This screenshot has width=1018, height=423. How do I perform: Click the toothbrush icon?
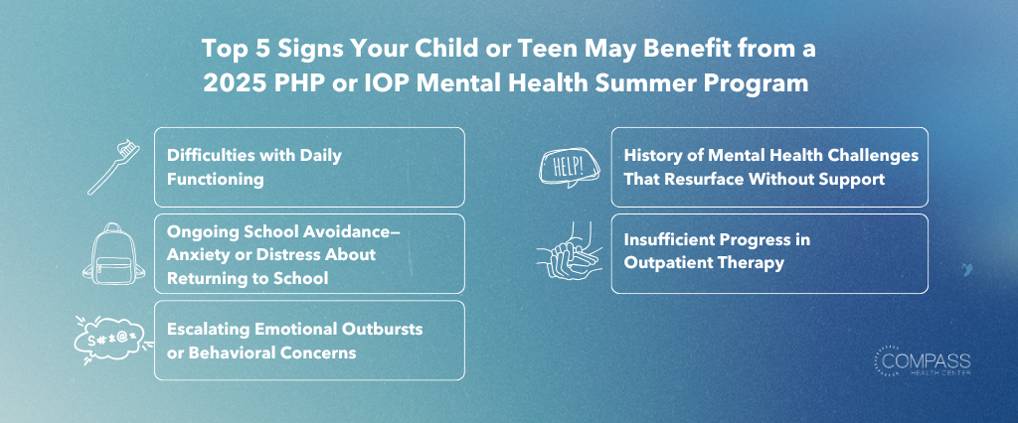pos(114,169)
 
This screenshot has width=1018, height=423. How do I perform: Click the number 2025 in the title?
pos(228,84)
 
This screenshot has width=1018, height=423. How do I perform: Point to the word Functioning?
pos(215,179)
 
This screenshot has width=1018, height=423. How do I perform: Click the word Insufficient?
pos(667,240)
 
